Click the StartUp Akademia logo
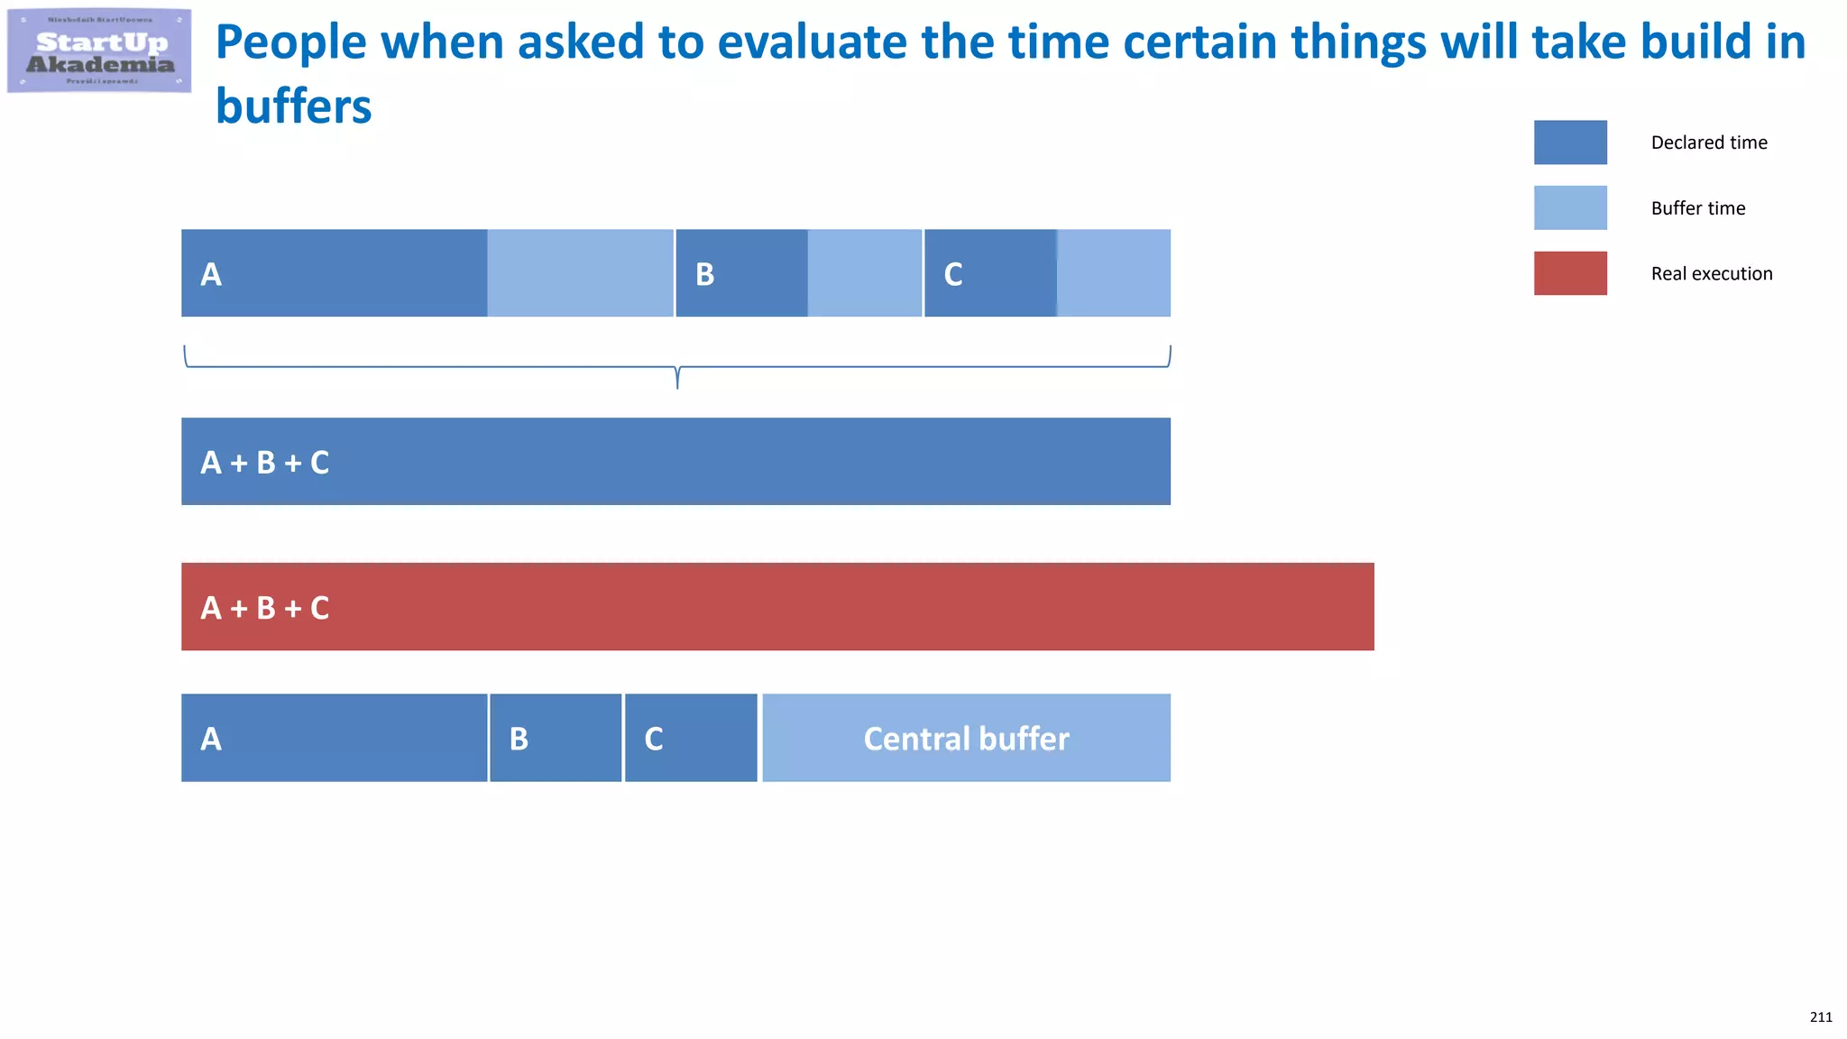coord(99,51)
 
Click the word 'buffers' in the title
coord(293,106)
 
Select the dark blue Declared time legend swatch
coord(1569,143)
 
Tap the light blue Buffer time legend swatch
coord(1569,207)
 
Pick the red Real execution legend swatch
coord(1569,273)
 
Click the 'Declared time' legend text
coord(1708,143)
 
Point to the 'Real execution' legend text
coord(1711,273)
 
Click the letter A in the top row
coord(211,274)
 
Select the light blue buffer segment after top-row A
coord(580,273)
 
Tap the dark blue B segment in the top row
coord(741,273)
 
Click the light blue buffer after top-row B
coord(864,273)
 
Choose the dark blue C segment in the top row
coord(990,273)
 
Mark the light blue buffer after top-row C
coord(1114,273)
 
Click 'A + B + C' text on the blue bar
coord(264,463)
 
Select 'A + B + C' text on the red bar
coord(264,608)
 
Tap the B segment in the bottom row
coord(556,738)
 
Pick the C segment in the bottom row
coord(691,738)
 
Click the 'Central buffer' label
coord(966,739)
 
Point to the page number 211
coord(1820,1016)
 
